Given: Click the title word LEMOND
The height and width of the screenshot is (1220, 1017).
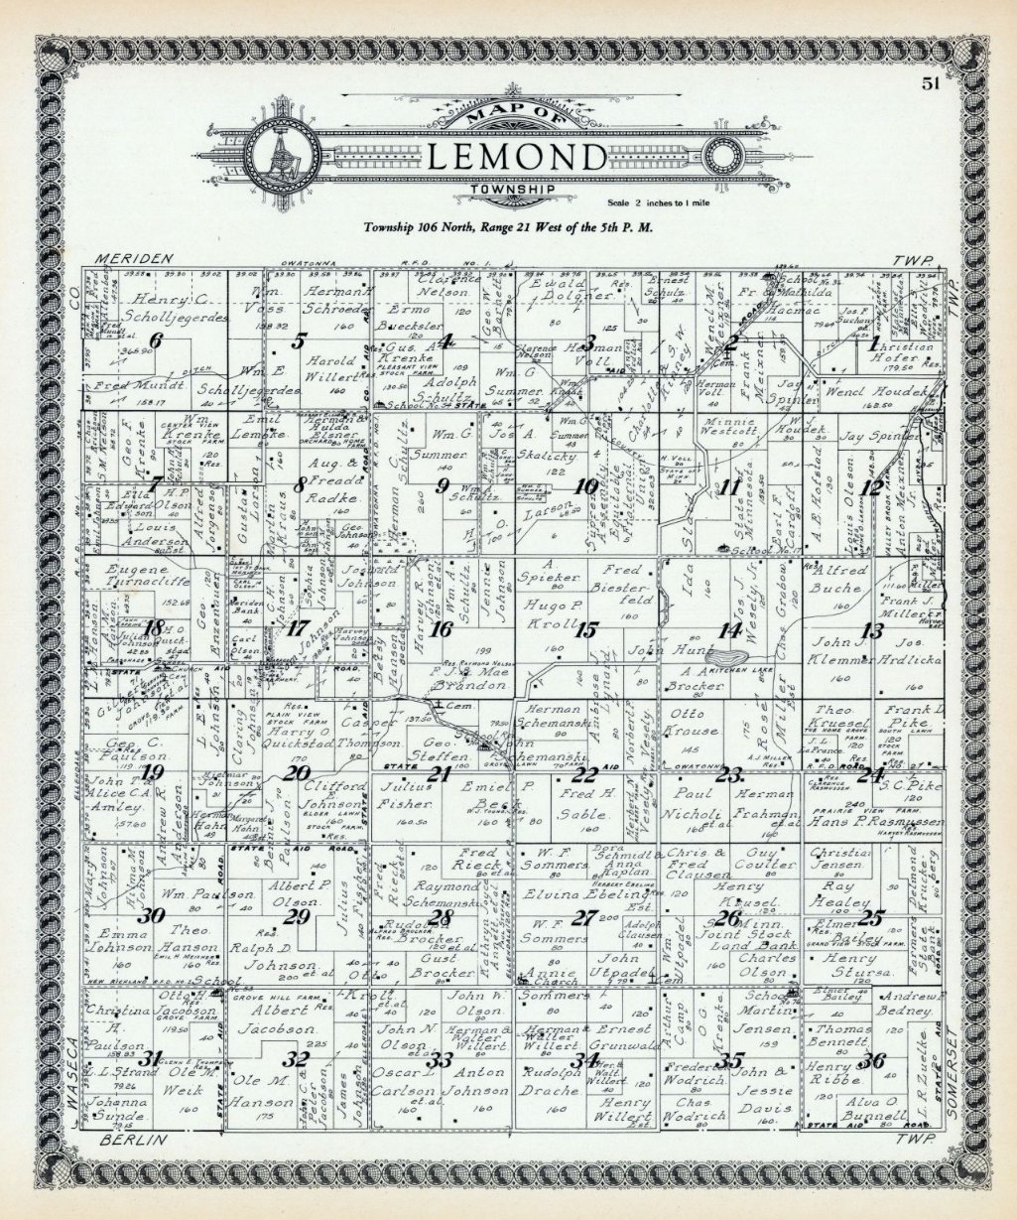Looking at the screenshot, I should click(517, 157).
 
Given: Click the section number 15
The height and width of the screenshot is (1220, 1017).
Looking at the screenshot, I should click(587, 629).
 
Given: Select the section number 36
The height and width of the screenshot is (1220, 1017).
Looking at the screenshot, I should click(873, 1060).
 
